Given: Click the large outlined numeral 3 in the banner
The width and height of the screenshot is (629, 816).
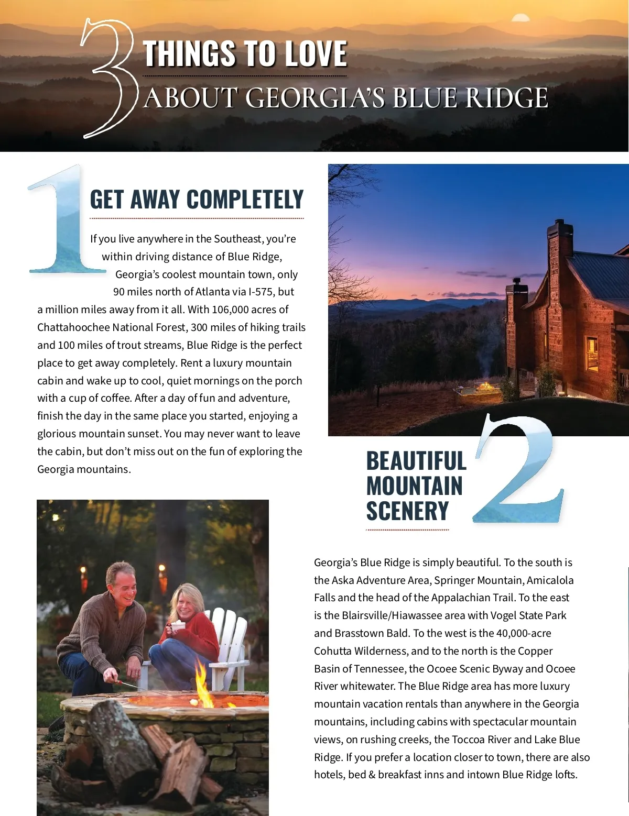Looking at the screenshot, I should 107,79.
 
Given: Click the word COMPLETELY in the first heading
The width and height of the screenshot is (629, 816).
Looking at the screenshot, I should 245,200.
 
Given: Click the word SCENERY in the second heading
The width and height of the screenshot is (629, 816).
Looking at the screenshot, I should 407,511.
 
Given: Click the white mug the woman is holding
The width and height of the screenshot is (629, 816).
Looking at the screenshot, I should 178,625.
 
